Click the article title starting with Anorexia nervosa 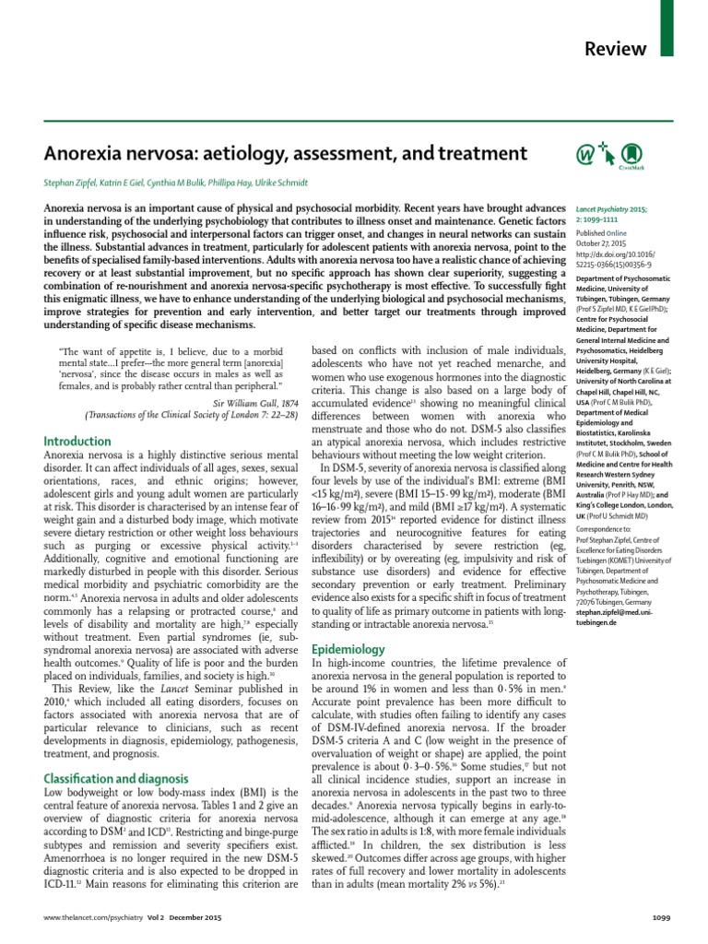point(285,152)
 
